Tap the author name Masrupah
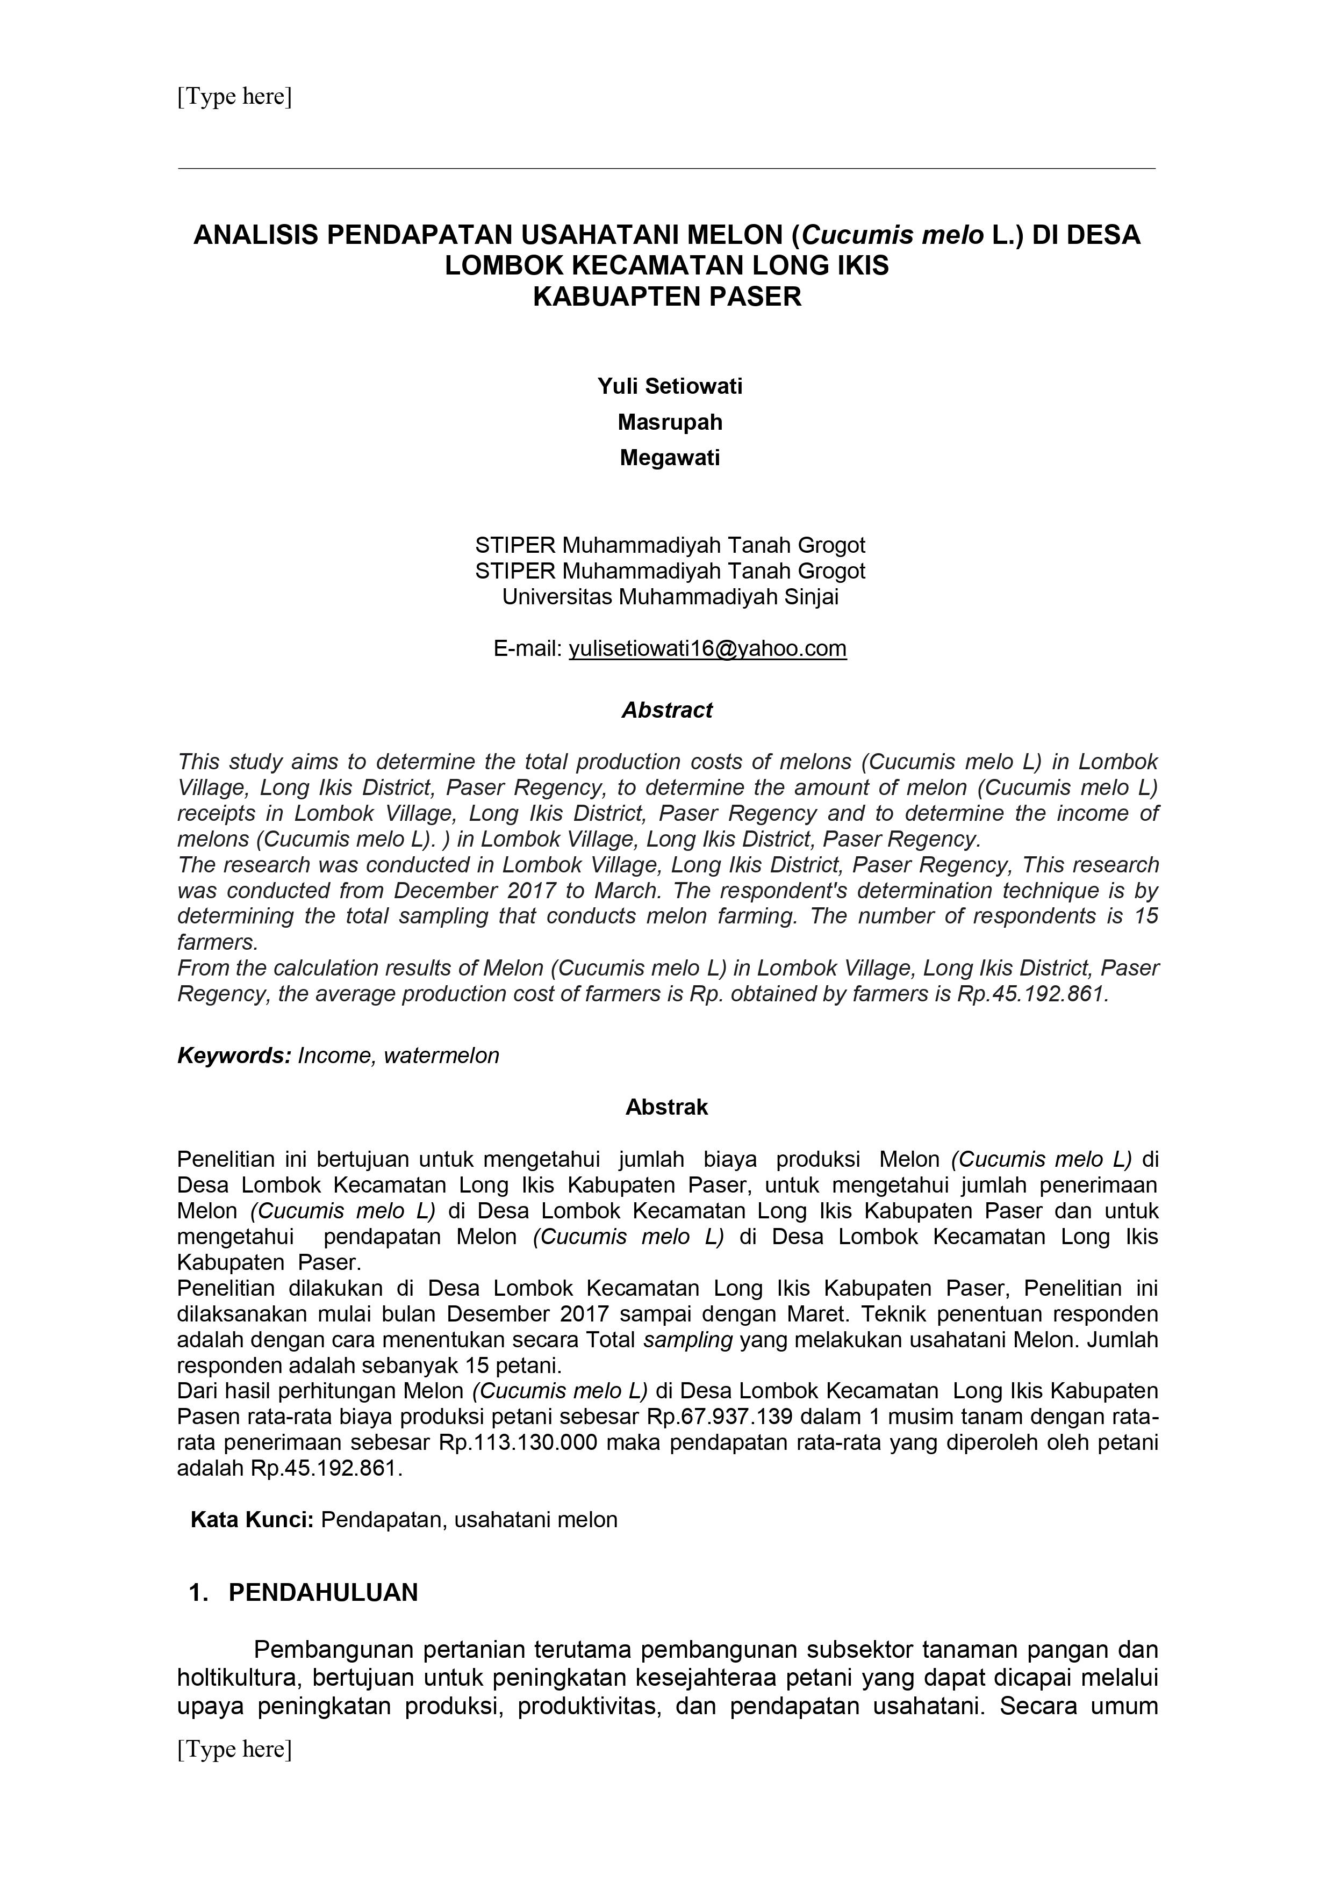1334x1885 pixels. point(670,422)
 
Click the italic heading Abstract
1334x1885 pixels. point(667,710)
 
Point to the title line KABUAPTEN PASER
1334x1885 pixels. point(667,297)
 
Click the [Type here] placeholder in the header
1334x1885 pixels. point(234,97)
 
